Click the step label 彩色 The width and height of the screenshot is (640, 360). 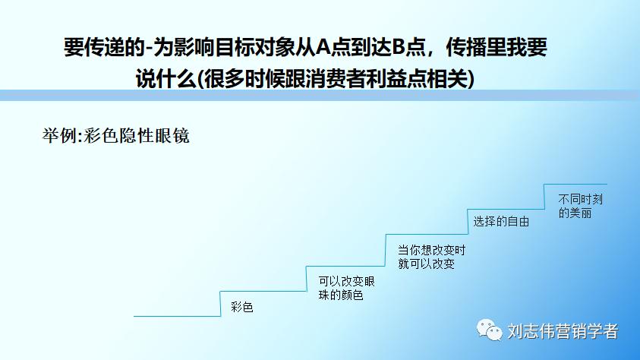tap(241, 308)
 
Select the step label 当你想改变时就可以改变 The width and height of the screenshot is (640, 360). tap(431, 257)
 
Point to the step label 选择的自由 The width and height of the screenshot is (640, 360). tap(500, 222)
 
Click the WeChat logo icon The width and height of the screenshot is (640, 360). tap(489, 330)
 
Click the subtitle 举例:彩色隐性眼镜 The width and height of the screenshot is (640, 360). tap(115, 136)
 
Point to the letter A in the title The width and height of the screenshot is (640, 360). tap(322, 49)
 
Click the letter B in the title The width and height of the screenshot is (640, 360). tap(399, 49)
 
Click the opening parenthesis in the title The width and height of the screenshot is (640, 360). tap(192, 79)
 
